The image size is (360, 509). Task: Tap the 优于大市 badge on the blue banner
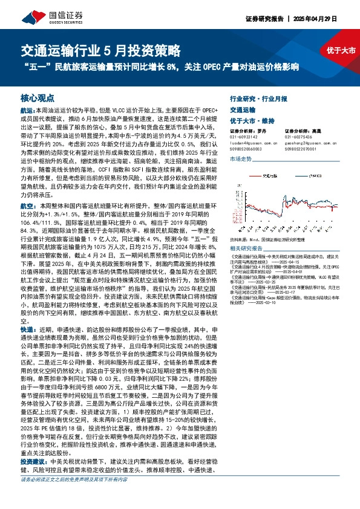[341, 50]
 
